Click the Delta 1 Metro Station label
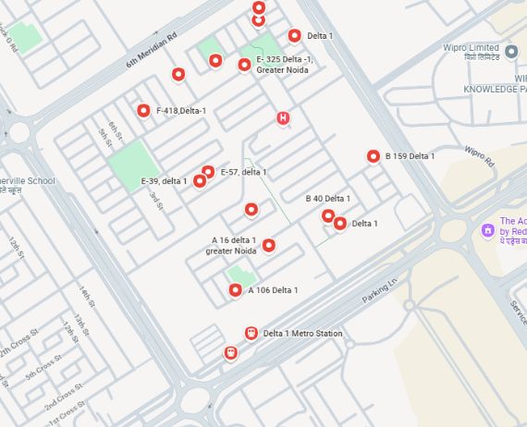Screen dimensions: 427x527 [x=302, y=334]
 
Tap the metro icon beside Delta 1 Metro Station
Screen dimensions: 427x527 [x=251, y=334]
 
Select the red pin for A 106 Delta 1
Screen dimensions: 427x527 [x=236, y=290]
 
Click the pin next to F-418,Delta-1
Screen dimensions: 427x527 [x=143, y=111]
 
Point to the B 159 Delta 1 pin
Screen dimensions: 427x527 [x=374, y=156]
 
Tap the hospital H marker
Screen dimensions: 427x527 [x=283, y=117]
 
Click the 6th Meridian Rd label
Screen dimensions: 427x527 [x=151, y=52]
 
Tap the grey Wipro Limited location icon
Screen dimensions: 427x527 [x=511, y=49]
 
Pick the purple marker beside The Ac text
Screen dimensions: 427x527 [x=486, y=228]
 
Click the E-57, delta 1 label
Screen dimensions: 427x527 [x=243, y=172]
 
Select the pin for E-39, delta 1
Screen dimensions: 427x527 [x=200, y=181]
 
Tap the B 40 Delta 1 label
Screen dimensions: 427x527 [x=327, y=199]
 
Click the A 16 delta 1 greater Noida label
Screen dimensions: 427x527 [x=231, y=246]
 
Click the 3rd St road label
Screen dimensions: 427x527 [x=156, y=201]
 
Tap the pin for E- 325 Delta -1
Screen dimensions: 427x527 [x=244, y=65]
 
